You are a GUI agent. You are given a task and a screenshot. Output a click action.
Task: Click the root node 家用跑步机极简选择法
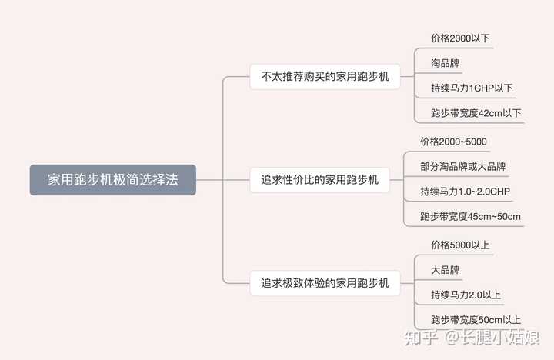pyautogui.click(x=112, y=179)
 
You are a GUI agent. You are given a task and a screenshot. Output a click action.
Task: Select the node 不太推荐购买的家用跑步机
pyautogui.click(x=325, y=76)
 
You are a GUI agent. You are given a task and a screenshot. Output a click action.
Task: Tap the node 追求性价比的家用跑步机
pyautogui.click(x=319, y=179)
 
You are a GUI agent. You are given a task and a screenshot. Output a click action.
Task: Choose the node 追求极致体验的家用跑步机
pyautogui.click(x=325, y=282)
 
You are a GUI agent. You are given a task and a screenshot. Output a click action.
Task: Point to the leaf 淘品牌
pyautogui.click(x=446, y=62)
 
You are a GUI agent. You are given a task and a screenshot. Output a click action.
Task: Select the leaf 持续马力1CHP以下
pyautogui.click(x=472, y=88)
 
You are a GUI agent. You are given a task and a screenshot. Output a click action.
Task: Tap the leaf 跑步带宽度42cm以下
pyautogui.click(x=476, y=113)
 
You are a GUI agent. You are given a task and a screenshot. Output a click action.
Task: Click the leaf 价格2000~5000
pyautogui.click(x=453, y=141)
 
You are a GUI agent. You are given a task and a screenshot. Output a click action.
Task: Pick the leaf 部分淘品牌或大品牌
pyautogui.click(x=463, y=166)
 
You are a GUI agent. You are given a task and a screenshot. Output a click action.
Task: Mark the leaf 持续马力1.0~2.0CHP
pyautogui.click(x=465, y=192)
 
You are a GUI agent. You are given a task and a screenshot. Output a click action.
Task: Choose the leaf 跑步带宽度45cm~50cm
pyautogui.click(x=470, y=217)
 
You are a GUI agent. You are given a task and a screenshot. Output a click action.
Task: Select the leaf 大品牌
pyautogui.click(x=446, y=270)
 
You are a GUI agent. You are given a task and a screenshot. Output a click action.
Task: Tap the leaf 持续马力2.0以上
pyautogui.click(x=466, y=295)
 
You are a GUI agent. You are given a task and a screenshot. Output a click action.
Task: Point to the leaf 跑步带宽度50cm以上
pyautogui.click(x=476, y=320)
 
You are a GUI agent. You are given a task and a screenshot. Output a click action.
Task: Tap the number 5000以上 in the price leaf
pyautogui.click(x=471, y=245)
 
